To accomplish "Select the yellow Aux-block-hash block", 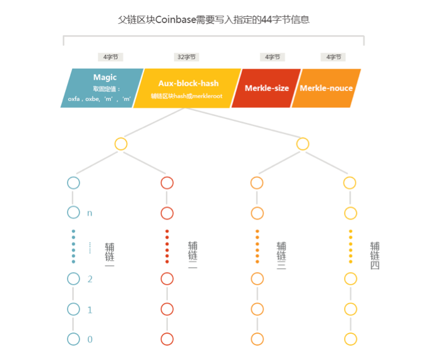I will (188, 88).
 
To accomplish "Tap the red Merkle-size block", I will (266, 88).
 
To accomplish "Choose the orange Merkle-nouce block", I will (326, 88).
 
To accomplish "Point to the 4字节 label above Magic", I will (110, 57).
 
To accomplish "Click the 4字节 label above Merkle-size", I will (272, 57).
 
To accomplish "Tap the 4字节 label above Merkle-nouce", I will (332, 57).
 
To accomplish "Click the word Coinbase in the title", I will (169, 20).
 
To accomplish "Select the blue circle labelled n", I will (73, 213).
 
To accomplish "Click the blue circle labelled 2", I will (73, 278).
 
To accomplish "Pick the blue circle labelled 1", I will (73, 309).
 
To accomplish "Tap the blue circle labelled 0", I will (73, 339).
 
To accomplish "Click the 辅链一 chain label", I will (110, 256).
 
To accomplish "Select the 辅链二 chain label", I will (192, 256).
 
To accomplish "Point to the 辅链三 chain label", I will (281, 256).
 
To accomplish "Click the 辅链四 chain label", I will (375, 256).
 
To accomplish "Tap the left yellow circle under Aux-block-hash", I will (121, 144).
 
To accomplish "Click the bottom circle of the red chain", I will (167, 339).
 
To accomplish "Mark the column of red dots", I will (167, 246).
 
